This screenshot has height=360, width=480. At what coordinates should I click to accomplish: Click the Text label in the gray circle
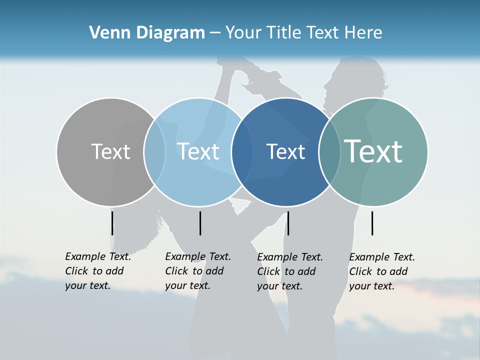(110, 151)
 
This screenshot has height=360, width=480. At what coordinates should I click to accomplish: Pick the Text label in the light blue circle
(198, 151)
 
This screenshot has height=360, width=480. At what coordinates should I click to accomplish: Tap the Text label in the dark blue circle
(285, 151)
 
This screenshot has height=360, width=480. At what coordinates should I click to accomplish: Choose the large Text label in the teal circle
(373, 151)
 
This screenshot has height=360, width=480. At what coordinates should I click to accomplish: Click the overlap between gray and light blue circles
(154, 152)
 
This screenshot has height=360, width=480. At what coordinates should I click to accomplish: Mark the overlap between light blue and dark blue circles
(242, 152)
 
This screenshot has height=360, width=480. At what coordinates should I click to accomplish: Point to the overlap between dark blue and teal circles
(329, 152)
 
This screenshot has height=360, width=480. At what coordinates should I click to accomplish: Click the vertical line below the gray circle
(112, 223)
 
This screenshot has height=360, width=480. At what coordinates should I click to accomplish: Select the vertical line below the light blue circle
(200, 223)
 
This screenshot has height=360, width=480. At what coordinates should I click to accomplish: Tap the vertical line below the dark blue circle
(288, 223)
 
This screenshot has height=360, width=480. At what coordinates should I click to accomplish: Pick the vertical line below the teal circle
(372, 223)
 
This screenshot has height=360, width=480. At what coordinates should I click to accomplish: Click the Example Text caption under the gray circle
(97, 271)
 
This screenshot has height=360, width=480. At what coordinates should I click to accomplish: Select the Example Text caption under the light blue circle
(197, 271)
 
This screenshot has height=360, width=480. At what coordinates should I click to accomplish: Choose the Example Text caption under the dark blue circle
(289, 271)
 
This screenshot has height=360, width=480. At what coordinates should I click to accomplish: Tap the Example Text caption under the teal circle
(381, 271)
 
